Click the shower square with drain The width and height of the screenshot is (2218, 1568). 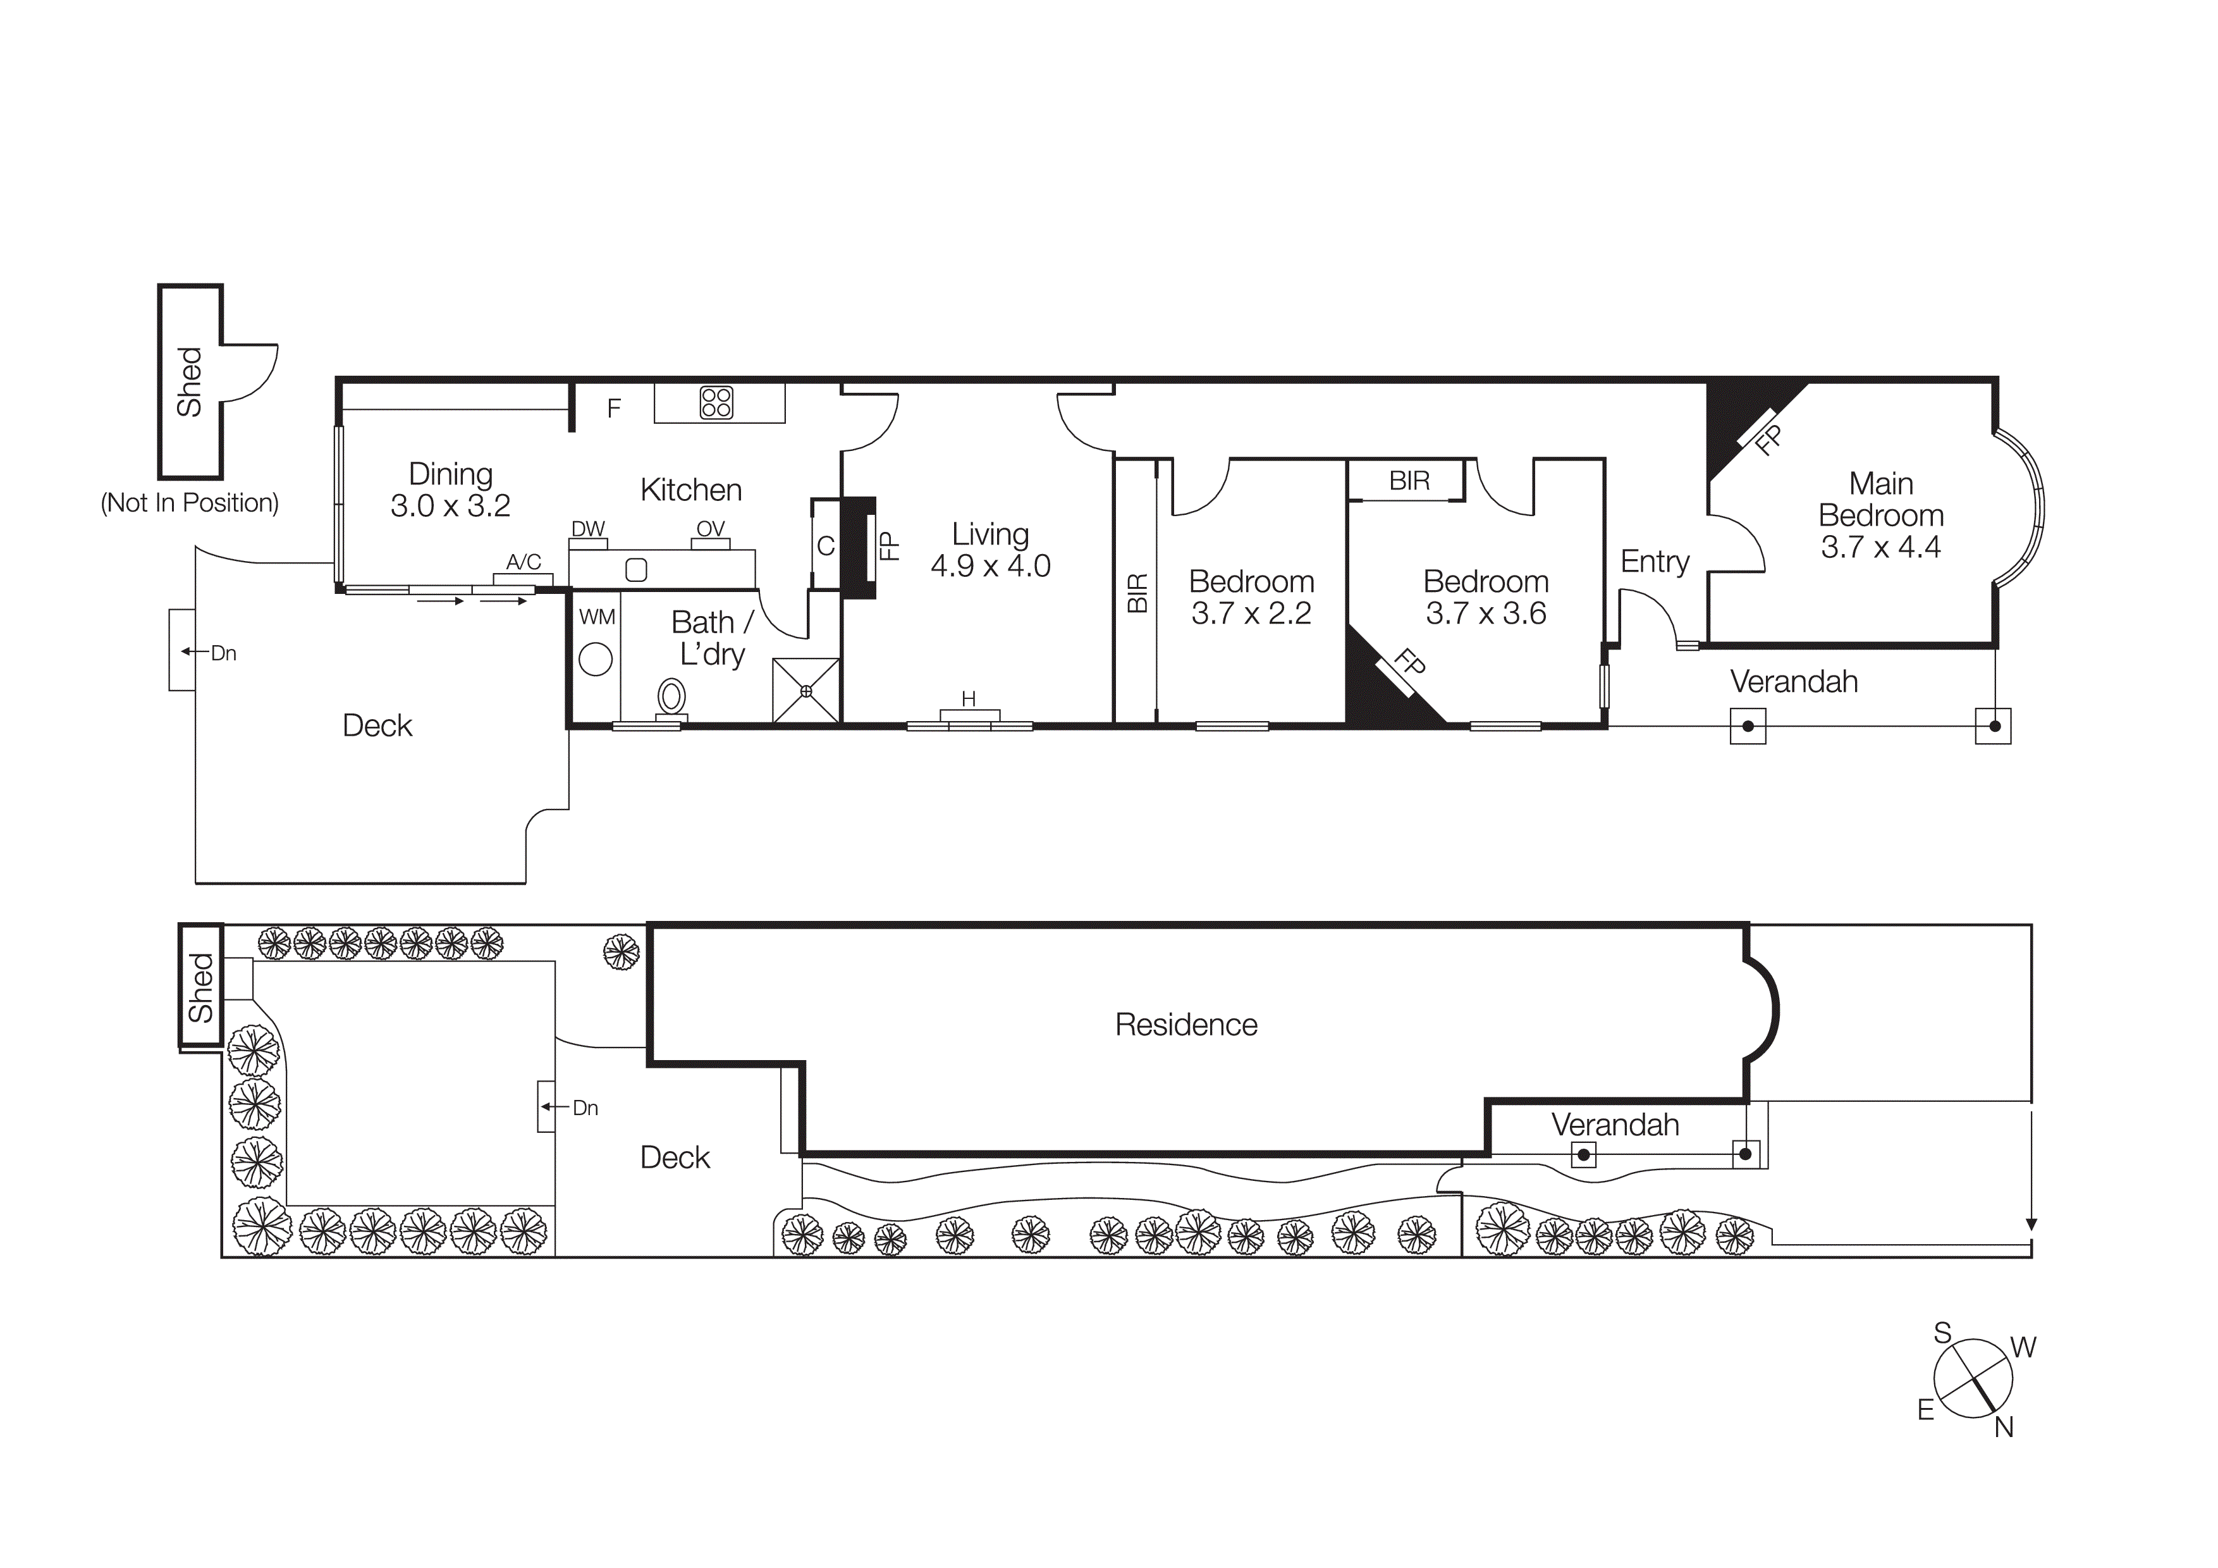pos(806,690)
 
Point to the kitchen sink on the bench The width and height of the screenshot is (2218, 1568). pos(635,570)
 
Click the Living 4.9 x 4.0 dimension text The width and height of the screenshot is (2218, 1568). pos(990,566)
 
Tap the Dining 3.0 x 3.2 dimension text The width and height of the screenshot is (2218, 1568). pos(450,506)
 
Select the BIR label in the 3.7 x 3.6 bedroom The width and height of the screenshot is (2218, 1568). pos(1409,481)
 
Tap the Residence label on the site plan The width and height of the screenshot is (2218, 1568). pos(1186,1025)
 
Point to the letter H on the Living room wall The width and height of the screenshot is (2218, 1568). pos(968,698)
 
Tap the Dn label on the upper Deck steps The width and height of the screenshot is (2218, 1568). pos(223,654)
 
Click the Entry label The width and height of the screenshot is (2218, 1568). pos(1654,561)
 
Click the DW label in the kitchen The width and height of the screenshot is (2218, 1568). pos(587,528)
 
